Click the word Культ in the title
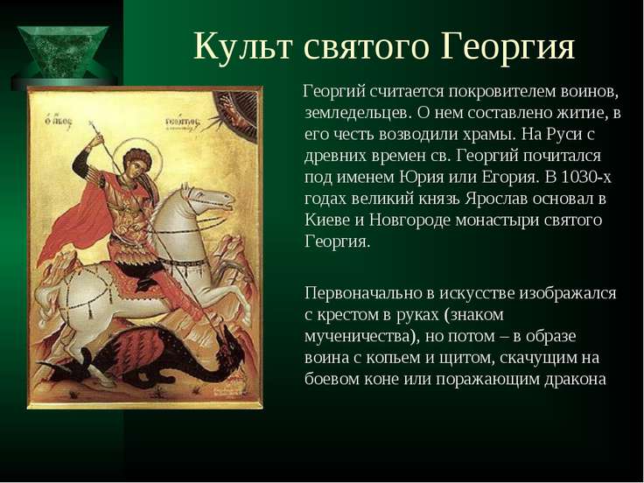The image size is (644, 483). click(243, 45)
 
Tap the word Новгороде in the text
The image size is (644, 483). click(409, 220)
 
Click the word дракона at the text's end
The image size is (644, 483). click(575, 379)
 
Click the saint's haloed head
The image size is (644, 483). click(137, 161)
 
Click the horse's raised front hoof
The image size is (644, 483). click(241, 315)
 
